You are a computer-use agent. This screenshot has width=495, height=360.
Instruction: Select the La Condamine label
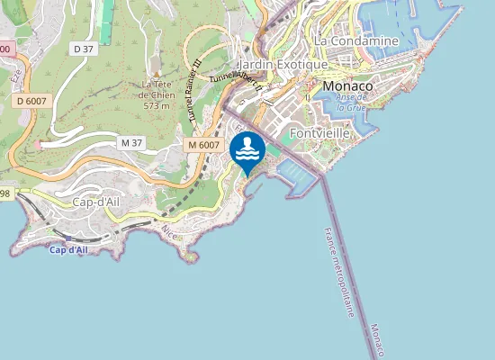coord(356,40)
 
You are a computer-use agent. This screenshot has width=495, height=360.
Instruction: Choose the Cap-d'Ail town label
coord(95,202)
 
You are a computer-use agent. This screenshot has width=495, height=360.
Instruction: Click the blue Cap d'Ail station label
coord(69,249)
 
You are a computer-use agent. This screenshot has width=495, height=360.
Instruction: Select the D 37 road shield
coord(84,48)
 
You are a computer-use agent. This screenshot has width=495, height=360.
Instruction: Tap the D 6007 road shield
coord(32,102)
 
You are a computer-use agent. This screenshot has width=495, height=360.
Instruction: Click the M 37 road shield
coord(131,143)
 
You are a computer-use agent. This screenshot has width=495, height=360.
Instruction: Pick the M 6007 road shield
coord(203,145)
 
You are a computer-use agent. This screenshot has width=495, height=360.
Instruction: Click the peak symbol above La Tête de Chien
coord(157,75)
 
